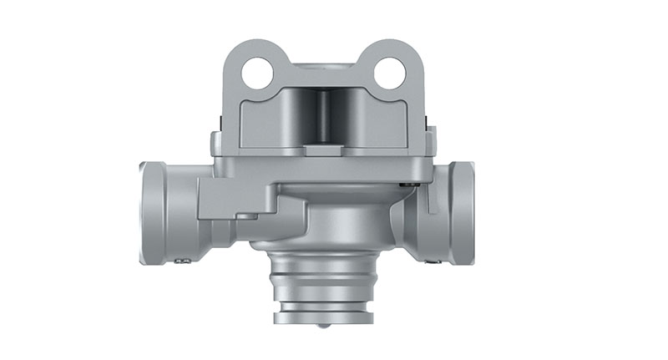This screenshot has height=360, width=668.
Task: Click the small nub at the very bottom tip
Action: (322, 327)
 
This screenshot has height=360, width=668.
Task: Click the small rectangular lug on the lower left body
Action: (245, 216)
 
